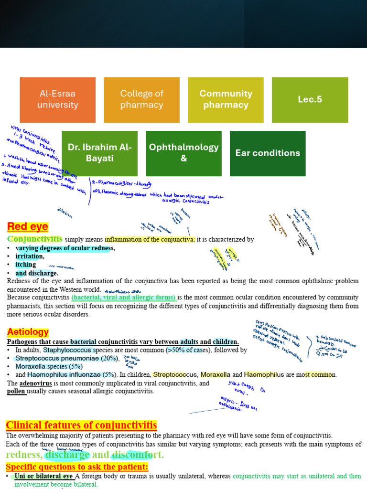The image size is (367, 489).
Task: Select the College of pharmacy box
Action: pyautogui.click(x=141, y=99)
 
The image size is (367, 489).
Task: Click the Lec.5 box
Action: pyautogui.click(x=310, y=99)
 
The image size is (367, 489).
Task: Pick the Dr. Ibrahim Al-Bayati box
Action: pyautogui.click(x=99, y=153)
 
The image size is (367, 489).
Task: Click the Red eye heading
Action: pyautogui.click(x=28, y=227)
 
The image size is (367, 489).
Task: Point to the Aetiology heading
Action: pyautogui.click(x=28, y=331)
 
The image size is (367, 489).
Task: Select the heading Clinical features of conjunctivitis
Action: pyautogui.click(x=81, y=425)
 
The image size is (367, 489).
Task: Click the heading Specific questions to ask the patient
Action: pyautogui.click(x=77, y=467)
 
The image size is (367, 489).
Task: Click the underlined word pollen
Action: pyautogui.click(x=16, y=391)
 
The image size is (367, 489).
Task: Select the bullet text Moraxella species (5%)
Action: pyautogui.click(x=49, y=366)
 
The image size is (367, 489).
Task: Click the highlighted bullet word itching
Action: pyautogui.click(x=25, y=265)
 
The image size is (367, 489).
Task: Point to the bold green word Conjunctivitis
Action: pyautogui.click(x=34, y=239)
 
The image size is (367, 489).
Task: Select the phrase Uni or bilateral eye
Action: pyautogui.click(x=43, y=476)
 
